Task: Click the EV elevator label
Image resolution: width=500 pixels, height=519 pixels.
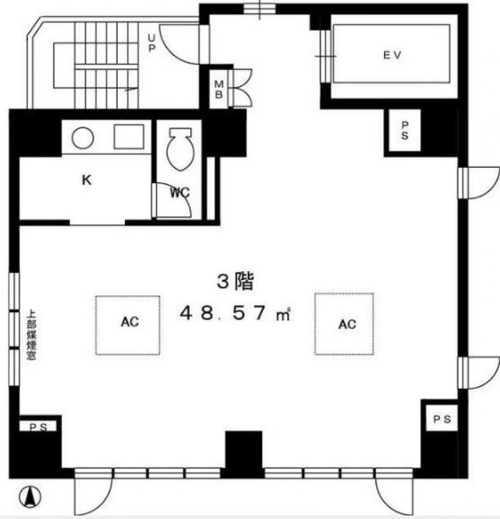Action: [392, 55]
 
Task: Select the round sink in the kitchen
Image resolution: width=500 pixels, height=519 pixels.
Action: [83, 138]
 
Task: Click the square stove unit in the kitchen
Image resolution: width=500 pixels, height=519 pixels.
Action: [129, 137]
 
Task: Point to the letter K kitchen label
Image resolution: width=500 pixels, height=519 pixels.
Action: [87, 180]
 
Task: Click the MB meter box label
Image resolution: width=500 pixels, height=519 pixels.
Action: [219, 90]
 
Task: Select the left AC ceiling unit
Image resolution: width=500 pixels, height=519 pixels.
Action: [128, 325]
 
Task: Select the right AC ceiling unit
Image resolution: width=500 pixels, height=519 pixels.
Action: [344, 324]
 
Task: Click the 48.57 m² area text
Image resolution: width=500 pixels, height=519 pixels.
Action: [235, 313]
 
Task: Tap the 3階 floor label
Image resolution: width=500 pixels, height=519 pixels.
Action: [235, 282]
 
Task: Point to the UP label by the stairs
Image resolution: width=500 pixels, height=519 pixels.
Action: [151, 43]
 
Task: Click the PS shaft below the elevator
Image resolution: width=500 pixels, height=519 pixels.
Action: [404, 130]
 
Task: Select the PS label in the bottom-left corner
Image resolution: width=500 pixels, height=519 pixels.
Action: [38, 427]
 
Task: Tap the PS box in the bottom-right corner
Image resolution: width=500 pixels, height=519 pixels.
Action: [442, 418]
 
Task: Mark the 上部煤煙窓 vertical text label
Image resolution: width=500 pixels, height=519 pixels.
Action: [31, 334]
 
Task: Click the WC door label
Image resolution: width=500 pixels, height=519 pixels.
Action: [180, 192]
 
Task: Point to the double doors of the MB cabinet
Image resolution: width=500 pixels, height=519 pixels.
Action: [241, 88]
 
